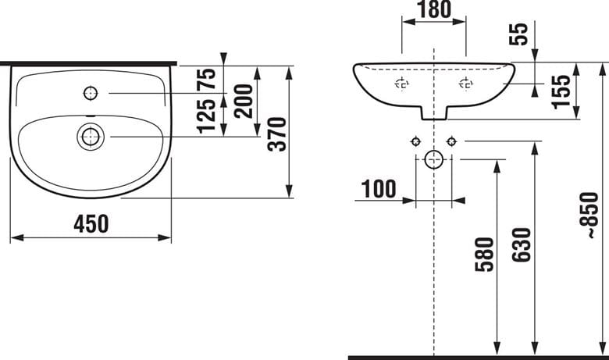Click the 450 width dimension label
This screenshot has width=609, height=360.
(91, 224)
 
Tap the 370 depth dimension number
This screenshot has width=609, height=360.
(278, 134)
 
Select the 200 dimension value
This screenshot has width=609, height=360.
(244, 101)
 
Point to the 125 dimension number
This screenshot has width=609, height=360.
(206, 116)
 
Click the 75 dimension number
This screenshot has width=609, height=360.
(206, 79)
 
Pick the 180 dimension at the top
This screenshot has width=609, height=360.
(434, 9)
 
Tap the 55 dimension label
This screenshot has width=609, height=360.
(519, 34)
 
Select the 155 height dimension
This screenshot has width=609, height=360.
(561, 91)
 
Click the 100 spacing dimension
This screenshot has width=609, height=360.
(379, 189)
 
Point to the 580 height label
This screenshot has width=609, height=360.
(484, 255)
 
